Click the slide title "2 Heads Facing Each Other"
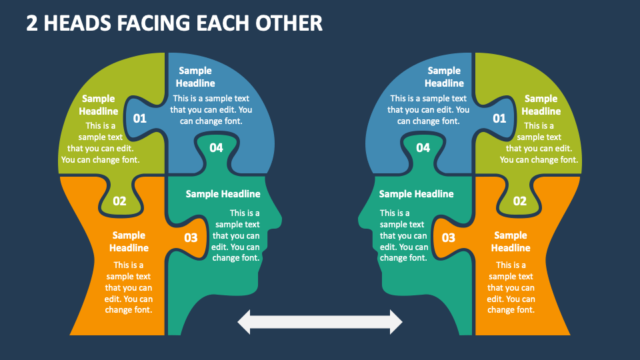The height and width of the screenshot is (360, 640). [x=175, y=23]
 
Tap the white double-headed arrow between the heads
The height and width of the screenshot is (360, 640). [x=320, y=322]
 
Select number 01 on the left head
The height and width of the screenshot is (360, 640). [x=140, y=119]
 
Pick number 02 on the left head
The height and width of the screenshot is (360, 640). [x=119, y=201]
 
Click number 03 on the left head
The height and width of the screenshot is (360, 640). [x=191, y=237]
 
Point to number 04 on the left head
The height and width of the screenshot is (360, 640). [x=216, y=148]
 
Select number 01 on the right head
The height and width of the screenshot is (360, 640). [x=499, y=119]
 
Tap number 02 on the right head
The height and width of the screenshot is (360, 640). [x=519, y=201]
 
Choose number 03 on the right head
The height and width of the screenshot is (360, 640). [x=449, y=237]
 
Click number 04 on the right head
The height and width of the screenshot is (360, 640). [x=423, y=148]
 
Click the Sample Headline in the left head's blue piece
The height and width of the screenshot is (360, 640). [x=195, y=77]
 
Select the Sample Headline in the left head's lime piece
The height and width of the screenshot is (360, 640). [x=99, y=105]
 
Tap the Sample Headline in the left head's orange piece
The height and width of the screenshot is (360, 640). [x=129, y=241]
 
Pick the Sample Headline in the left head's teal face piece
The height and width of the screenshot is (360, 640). [x=223, y=194]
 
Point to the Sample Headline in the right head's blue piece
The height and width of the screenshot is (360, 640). [x=444, y=77]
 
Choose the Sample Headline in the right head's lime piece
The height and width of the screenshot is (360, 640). [x=541, y=105]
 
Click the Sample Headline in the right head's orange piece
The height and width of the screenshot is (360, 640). [x=511, y=241]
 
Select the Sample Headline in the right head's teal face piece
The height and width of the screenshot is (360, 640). [x=416, y=194]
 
